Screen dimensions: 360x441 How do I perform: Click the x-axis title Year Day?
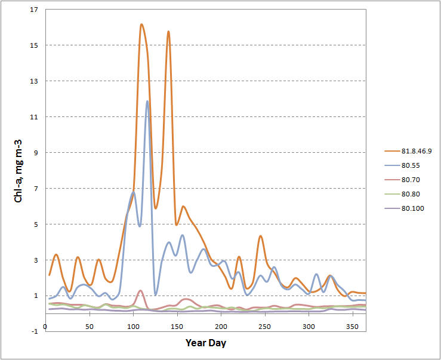point(205,343)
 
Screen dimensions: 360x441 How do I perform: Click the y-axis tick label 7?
point(36,189)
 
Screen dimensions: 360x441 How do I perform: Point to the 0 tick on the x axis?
point(46,327)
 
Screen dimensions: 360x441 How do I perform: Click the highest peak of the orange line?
point(141,24)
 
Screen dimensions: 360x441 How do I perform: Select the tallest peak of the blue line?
point(147,101)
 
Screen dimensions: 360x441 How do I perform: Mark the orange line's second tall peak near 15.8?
point(168,31)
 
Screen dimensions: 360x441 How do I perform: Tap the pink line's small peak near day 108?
point(140,291)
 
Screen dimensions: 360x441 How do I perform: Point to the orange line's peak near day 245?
point(261,236)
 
